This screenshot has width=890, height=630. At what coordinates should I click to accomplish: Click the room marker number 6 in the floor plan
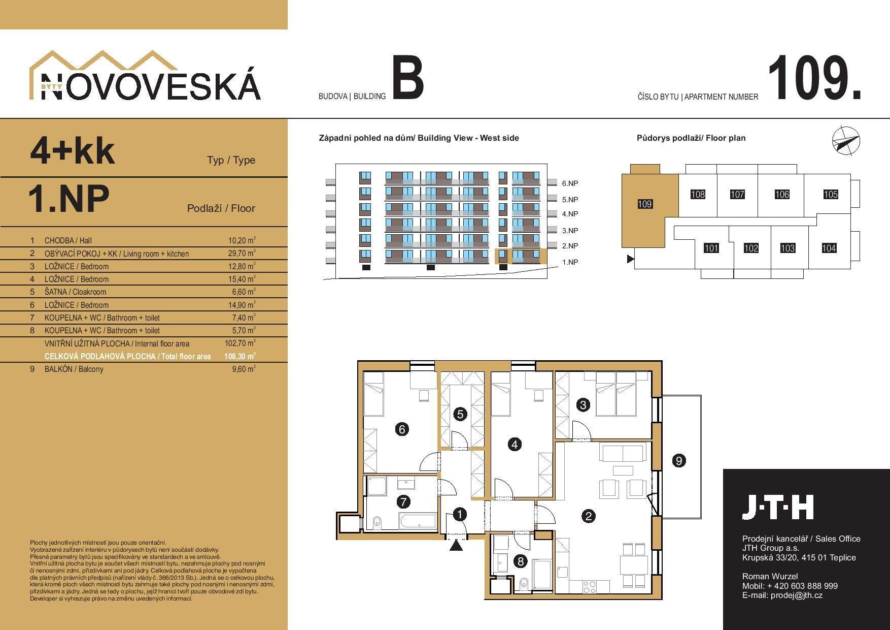click(x=402, y=429)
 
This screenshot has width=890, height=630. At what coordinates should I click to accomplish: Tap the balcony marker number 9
click(x=678, y=461)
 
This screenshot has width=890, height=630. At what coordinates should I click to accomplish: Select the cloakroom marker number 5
click(x=460, y=414)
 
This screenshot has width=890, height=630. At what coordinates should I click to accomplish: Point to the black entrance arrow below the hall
click(x=457, y=545)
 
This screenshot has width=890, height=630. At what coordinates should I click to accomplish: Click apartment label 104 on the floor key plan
click(x=829, y=248)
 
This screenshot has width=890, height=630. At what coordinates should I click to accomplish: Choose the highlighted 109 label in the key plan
click(x=644, y=204)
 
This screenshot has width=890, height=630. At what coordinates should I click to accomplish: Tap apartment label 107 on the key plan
click(x=737, y=194)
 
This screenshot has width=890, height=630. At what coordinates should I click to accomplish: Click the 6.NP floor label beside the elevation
click(x=570, y=183)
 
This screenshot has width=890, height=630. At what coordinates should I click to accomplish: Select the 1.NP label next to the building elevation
click(x=570, y=262)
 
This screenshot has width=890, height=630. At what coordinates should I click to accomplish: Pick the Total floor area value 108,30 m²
click(x=239, y=356)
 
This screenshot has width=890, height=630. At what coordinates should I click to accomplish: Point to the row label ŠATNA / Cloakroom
click(x=75, y=292)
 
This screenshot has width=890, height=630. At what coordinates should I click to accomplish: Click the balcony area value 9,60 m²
click(x=244, y=369)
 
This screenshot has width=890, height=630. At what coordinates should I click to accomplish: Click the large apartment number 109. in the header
click(x=814, y=78)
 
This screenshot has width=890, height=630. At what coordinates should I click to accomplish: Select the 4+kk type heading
click(x=73, y=151)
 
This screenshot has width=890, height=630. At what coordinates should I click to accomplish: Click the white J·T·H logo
click(x=778, y=507)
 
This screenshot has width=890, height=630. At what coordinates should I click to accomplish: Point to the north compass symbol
click(x=846, y=139)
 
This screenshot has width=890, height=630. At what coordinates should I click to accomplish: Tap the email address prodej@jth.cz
click(x=797, y=595)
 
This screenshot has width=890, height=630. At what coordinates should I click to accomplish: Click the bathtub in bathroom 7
click(x=418, y=521)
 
